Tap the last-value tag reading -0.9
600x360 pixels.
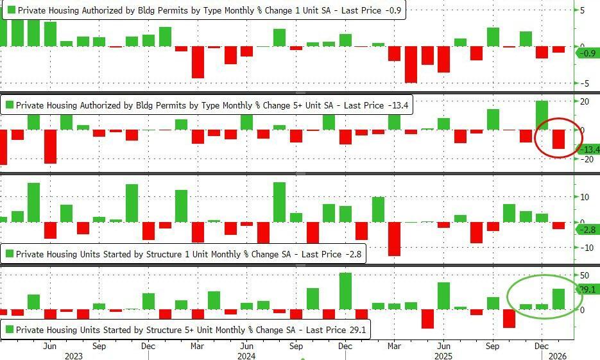click(588, 54)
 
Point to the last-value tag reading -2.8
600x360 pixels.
click(588, 229)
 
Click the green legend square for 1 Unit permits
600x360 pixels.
click(11, 11)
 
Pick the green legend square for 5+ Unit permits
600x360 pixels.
click(11, 105)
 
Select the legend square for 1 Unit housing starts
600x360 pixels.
click(11, 254)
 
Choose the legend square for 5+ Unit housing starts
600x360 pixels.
click(11, 330)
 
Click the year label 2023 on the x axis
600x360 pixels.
click(74, 355)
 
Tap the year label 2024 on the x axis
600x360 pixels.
click(247, 355)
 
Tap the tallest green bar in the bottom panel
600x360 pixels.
click(345, 291)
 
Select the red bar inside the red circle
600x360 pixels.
click(558, 139)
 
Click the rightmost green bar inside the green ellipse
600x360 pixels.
click(558, 298)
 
